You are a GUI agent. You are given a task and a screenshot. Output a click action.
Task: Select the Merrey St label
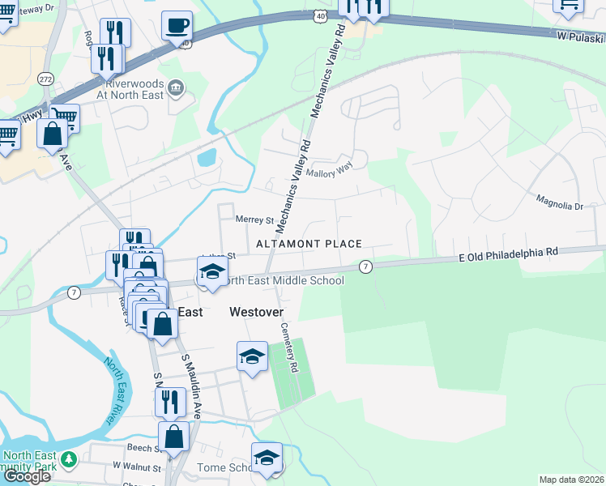pyautogui.click(x=254, y=220)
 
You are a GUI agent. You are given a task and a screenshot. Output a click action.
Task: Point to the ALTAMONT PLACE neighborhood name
pyautogui.click(x=309, y=244)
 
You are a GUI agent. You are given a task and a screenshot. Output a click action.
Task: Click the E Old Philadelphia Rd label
pyautogui.click(x=509, y=253)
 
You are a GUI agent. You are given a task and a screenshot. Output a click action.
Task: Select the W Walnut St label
pyautogui.click(x=138, y=467)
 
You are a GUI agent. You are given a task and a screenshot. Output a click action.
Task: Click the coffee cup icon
pyautogui.click(x=176, y=25)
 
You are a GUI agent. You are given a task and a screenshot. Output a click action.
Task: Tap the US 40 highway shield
pyautogui.click(x=322, y=16)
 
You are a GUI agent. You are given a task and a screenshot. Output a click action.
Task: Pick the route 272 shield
pyautogui.click(x=45, y=79)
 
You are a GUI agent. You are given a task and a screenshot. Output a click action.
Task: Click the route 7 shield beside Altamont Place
pyautogui.click(x=366, y=266)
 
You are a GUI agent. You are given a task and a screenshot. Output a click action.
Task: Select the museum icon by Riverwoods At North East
pyautogui.click(x=175, y=87)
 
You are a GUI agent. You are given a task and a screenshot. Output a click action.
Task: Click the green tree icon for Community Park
pyautogui.click(x=69, y=460)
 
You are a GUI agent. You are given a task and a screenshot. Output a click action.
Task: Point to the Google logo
pyautogui.click(x=27, y=476)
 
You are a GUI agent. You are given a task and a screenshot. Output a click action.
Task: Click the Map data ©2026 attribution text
pyautogui.click(x=571, y=480)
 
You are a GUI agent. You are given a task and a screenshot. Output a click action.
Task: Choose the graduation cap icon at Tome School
pyautogui.click(x=267, y=457)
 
